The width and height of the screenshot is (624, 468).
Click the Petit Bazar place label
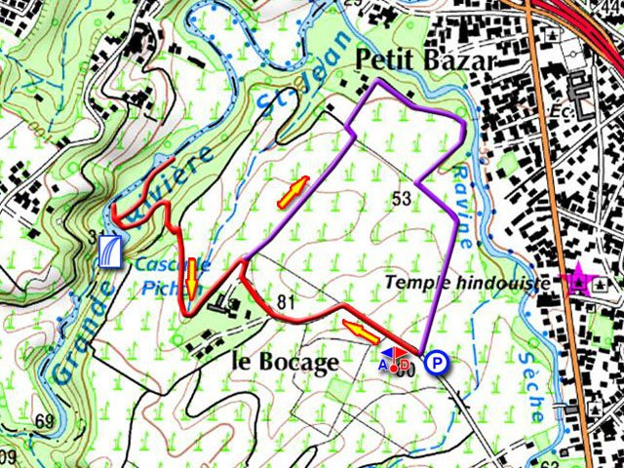(x=426, y=60)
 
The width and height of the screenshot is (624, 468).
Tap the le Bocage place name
(x=286, y=361)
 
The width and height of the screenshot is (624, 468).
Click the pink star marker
(x=579, y=281)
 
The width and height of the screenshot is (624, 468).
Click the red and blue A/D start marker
(x=395, y=362)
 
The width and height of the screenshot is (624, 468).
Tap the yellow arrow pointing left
(x=361, y=332)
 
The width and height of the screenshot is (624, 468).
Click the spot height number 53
(x=400, y=199)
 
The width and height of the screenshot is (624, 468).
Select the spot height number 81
(x=286, y=301)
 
